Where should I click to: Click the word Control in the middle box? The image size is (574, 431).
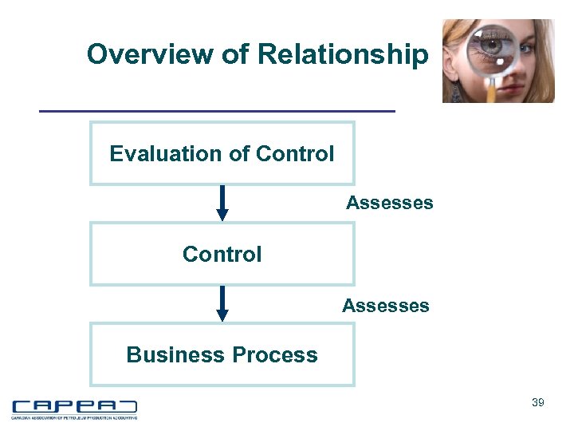coord(222,255)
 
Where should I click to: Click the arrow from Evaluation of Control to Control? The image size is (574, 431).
coord(222,203)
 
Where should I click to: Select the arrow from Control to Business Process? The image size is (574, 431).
coord(222,303)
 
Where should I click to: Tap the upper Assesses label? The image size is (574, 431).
coord(389,203)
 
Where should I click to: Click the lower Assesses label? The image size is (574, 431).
coord(385,305)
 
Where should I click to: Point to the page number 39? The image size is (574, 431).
coord(538,403)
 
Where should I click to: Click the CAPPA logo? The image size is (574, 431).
coord(73,406)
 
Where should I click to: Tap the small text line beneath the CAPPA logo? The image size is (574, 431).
coord(73,417)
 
